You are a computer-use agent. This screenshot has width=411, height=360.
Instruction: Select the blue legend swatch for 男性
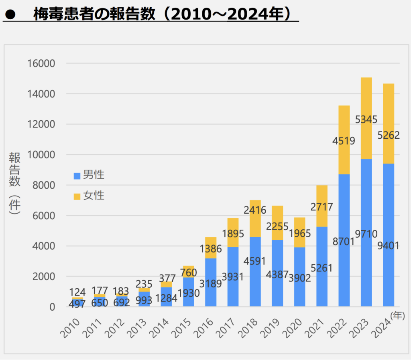tap(77, 176)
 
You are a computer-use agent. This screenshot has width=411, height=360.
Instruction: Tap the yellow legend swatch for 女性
tap(77, 196)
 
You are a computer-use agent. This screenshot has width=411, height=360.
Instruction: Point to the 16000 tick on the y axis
tap(41, 63)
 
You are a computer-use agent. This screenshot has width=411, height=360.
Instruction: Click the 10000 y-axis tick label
tap(41, 155)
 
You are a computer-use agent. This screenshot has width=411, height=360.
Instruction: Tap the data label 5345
tap(366, 119)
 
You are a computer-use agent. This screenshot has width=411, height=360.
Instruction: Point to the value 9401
tap(388, 246)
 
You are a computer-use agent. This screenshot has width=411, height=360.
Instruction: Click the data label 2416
tap(255, 210)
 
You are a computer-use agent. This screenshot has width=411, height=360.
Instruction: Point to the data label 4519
tap(344, 141)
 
